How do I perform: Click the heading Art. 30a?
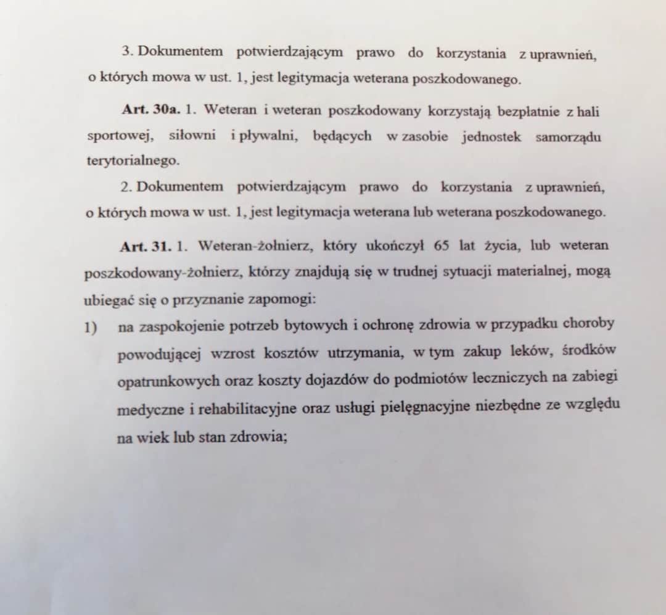150,111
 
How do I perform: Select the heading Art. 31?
146,246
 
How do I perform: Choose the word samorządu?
568,137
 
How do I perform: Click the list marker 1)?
92,327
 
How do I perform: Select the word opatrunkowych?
168,381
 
